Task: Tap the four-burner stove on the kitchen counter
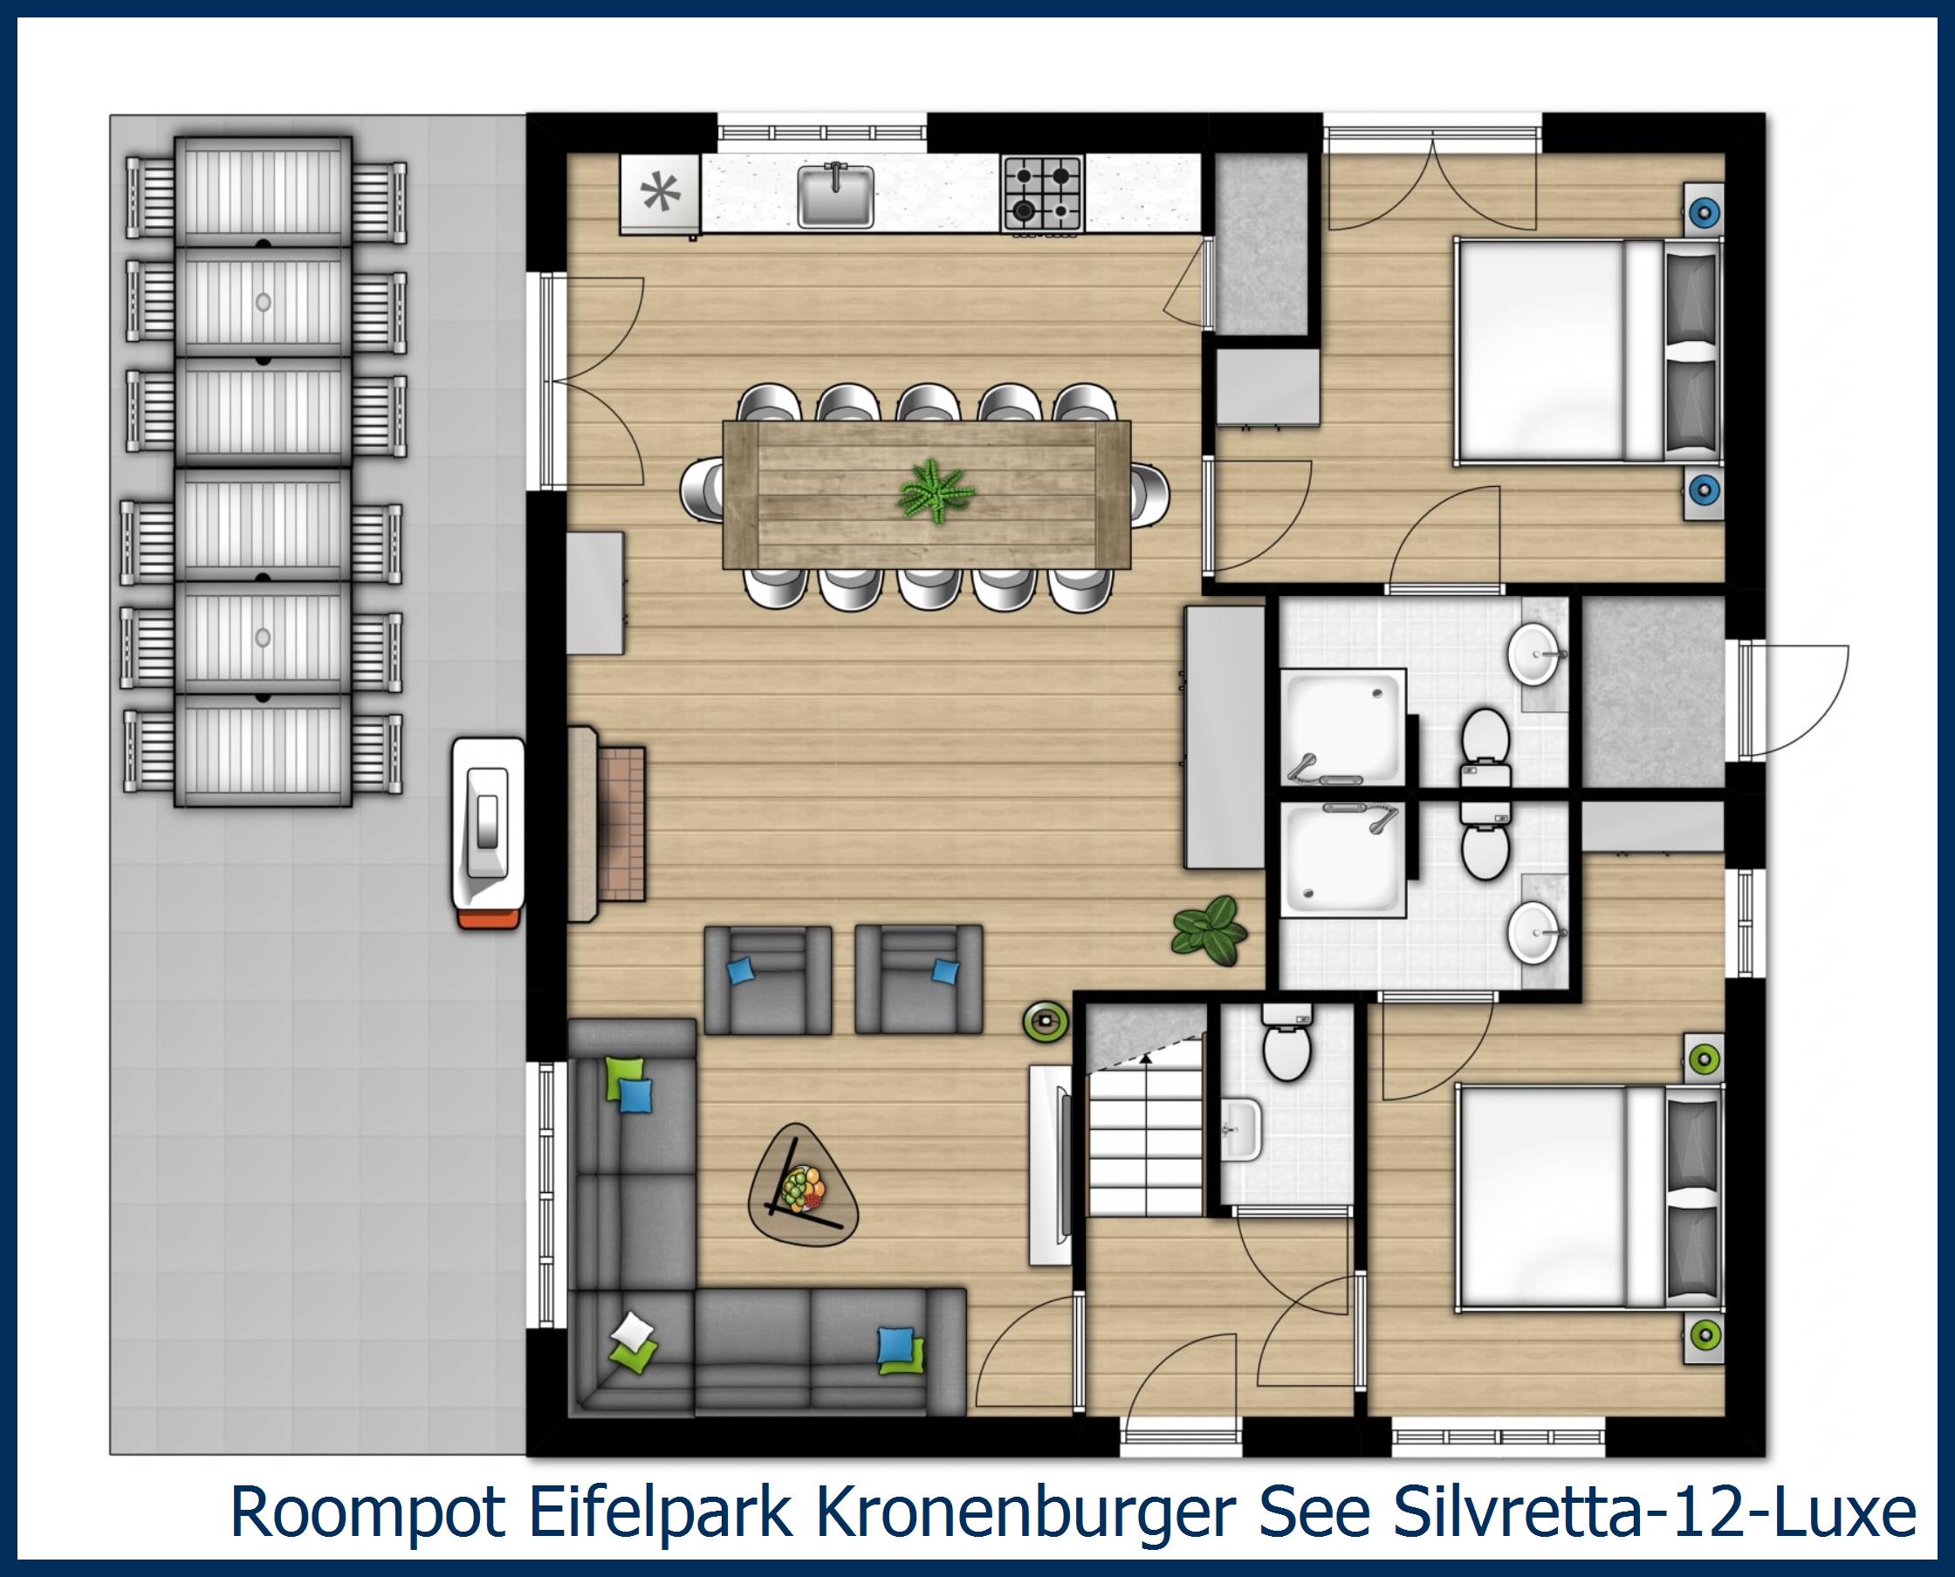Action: [1042, 193]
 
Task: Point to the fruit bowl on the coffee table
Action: [804, 1188]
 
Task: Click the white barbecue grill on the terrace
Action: [488, 831]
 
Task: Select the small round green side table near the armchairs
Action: [1045, 1020]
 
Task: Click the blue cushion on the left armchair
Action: [742, 971]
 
